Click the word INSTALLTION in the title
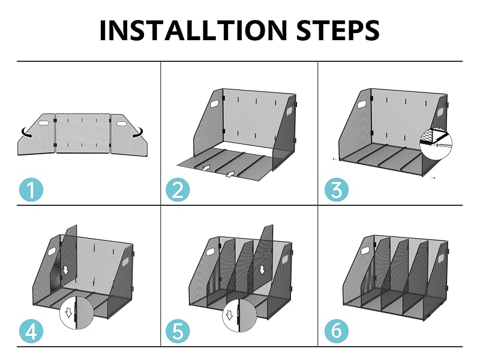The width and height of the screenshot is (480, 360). (x=193, y=30)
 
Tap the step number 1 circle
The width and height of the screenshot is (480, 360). (x=31, y=190)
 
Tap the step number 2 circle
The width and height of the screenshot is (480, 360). (x=178, y=190)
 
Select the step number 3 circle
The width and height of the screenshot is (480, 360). (x=337, y=190)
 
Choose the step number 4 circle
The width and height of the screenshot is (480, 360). (x=31, y=331)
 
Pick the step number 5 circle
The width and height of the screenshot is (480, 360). (x=178, y=331)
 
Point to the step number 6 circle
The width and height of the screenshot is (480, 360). (x=337, y=331)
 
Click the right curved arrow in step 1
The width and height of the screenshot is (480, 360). (x=137, y=133)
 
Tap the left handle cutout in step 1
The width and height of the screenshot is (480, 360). (x=44, y=123)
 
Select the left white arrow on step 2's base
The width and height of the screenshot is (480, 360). (x=206, y=168)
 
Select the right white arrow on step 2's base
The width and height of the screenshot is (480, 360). (x=230, y=174)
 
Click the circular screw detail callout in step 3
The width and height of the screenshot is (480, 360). (x=436, y=143)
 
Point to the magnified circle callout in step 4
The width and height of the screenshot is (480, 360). (x=77, y=312)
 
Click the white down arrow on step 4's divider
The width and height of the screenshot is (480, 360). (x=65, y=270)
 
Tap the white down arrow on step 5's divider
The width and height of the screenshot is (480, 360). (x=262, y=270)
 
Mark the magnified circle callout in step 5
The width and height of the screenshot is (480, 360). (x=239, y=316)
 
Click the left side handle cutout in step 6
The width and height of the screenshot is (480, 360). (x=365, y=251)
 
